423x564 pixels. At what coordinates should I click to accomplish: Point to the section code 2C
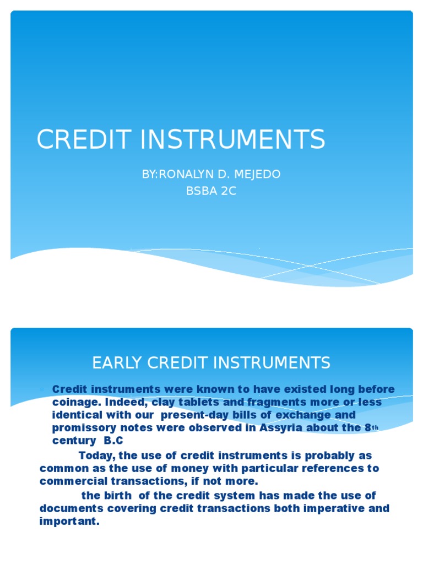click(228, 192)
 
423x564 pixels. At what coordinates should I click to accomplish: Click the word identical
click(76, 414)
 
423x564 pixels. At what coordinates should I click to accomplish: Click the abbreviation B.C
click(114, 441)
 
